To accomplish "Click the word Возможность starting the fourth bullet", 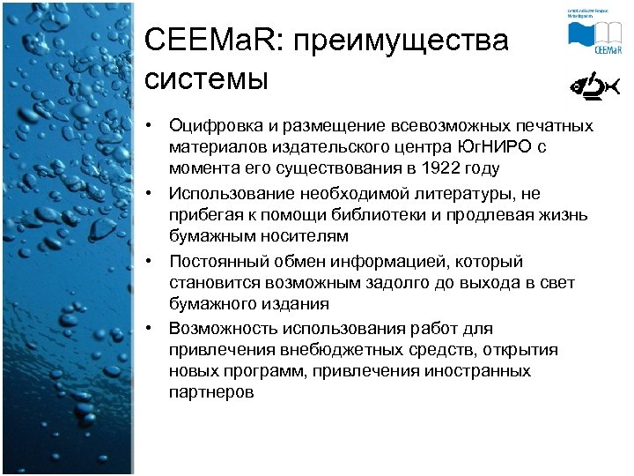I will pos(223,329).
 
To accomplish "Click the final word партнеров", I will pos(211,393).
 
